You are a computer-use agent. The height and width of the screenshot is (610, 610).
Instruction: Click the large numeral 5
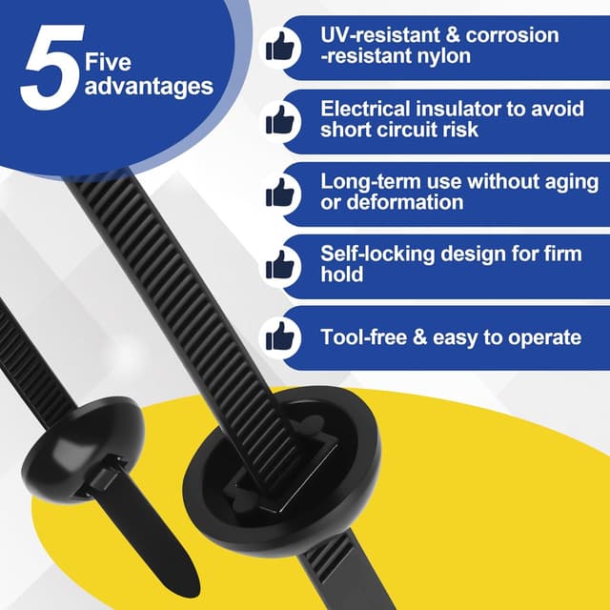click(x=52, y=67)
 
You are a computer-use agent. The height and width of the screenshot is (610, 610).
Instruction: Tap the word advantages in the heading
click(x=149, y=88)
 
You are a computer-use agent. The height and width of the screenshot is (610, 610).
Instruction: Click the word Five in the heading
click(x=108, y=62)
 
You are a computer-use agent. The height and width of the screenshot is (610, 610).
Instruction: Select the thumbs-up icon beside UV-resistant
click(x=279, y=47)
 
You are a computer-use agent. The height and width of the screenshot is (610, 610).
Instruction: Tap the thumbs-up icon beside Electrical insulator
click(x=279, y=120)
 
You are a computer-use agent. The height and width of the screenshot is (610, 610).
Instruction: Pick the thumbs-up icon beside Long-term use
click(x=279, y=193)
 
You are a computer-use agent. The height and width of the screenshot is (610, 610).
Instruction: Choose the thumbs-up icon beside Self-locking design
click(x=279, y=265)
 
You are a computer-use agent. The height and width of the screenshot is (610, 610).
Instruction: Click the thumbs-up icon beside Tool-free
click(x=279, y=336)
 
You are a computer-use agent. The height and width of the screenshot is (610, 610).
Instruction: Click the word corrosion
click(x=513, y=35)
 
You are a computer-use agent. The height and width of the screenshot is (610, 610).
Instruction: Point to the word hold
click(x=342, y=274)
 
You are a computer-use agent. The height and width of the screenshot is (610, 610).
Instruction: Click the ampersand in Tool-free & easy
click(x=419, y=336)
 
